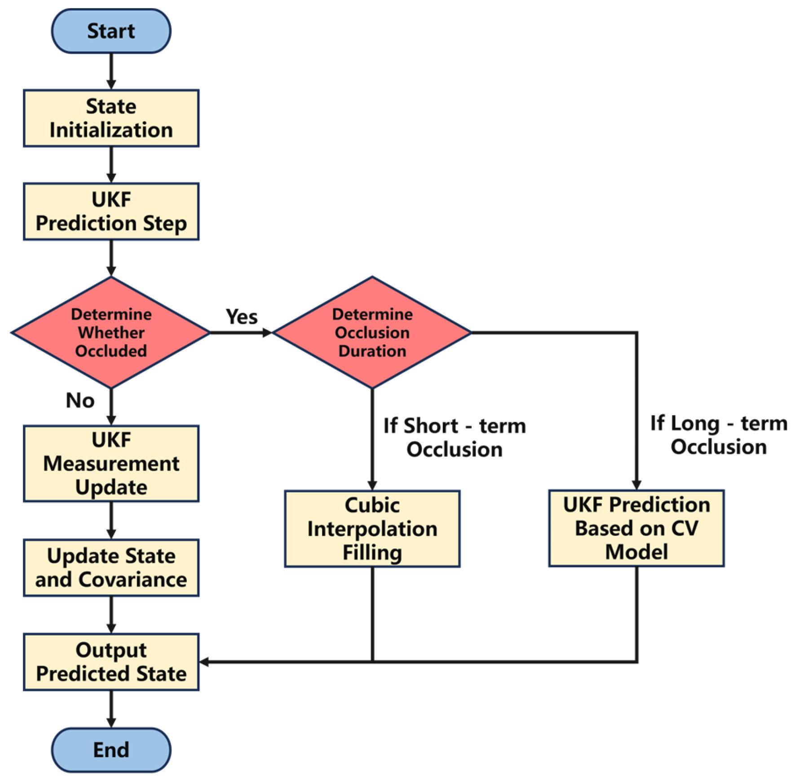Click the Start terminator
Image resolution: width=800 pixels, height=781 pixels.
[x=111, y=31]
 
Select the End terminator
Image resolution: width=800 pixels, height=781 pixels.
[x=111, y=750]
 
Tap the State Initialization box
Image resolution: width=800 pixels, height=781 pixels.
[x=111, y=118]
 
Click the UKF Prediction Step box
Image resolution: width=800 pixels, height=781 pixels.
[x=111, y=211]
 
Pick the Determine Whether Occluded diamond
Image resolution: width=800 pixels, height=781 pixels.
[x=111, y=333]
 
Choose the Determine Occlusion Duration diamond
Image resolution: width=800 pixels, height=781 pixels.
[x=372, y=333]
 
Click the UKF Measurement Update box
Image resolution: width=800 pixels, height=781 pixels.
[x=111, y=464]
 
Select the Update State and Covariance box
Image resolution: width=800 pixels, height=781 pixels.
[x=111, y=568]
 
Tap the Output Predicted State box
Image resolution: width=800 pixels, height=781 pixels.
[x=111, y=662]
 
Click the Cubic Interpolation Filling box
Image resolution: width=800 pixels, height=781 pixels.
[x=372, y=529]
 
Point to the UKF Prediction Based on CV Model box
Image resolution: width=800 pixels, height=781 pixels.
[x=636, y=528]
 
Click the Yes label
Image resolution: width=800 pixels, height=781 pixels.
[x=242, y=317]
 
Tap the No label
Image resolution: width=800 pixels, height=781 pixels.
[x=80, y=400]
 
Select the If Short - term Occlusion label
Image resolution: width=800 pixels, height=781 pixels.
[x=455, y=438]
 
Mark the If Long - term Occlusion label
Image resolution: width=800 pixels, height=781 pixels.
[x=719, y=435]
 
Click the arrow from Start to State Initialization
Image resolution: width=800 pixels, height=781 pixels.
[x=111, y=71]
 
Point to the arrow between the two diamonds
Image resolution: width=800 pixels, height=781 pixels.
[x=241, y=333]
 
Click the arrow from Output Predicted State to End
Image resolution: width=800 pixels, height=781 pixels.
[x=111, y=709]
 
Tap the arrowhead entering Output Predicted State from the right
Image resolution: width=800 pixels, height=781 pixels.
[x=204, y=662]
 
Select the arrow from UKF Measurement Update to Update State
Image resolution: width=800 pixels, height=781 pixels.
[x=111, y=521]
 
